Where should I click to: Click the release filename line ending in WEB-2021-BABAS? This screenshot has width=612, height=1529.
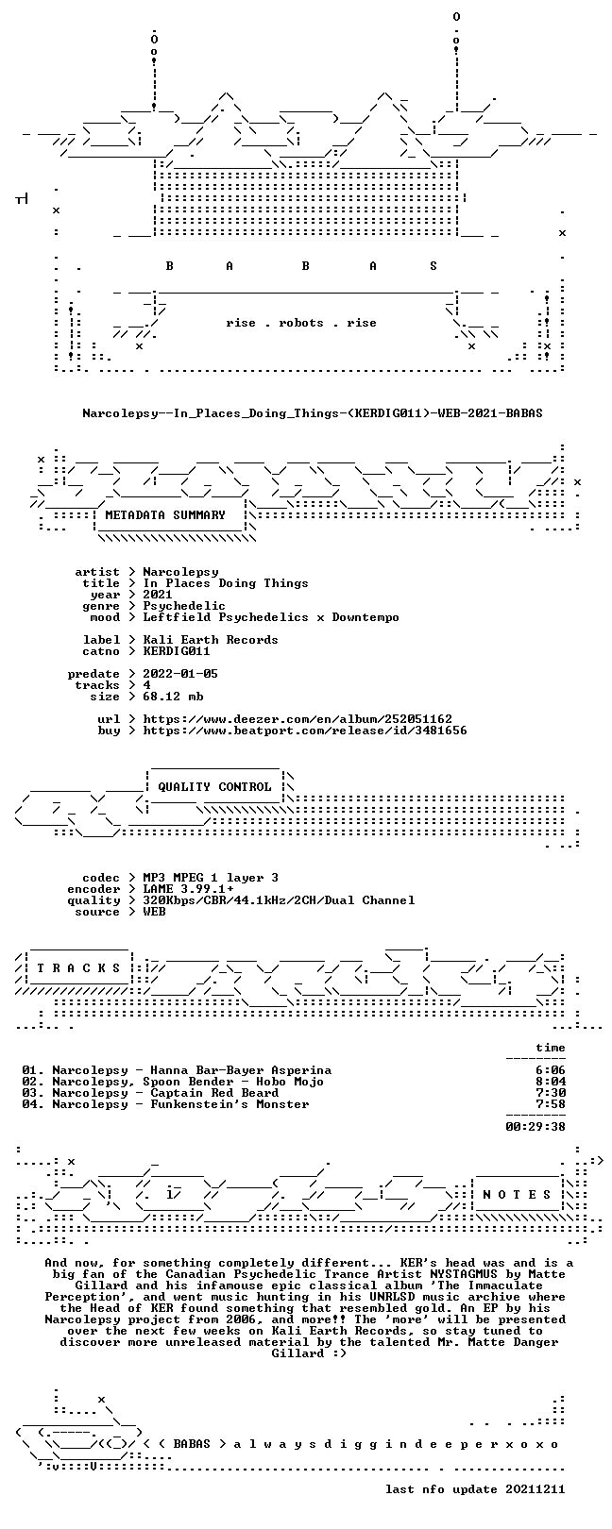tap(313, 413)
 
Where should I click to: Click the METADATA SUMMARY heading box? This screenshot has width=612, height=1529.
tap(165, 515)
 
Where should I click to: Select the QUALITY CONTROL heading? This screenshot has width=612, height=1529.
tap(214, 787)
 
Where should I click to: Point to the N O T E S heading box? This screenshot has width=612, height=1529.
tap(517, 1195)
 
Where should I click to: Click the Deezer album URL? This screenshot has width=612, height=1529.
tap(297, 719)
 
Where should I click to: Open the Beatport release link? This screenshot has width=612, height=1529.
tap(305, 731)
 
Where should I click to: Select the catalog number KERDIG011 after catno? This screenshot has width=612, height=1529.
tap(177, 651)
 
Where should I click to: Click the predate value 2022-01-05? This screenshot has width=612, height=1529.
tap(180, 674)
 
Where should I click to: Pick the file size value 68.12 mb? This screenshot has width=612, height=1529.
tap(173, 697)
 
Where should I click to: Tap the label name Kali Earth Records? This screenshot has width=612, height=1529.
tap(211, 640)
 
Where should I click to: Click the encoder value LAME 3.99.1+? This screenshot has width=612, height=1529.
tap(188, 889)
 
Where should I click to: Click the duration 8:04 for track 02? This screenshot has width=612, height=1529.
tap(551, 1082)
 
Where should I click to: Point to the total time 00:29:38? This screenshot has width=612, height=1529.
tap(535, 1127)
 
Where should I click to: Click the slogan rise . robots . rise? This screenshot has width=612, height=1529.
tap(301, 323)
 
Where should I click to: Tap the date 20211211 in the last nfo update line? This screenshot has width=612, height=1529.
tap(535, 1488)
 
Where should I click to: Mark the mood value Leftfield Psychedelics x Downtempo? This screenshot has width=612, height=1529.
tap(270, 617)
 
